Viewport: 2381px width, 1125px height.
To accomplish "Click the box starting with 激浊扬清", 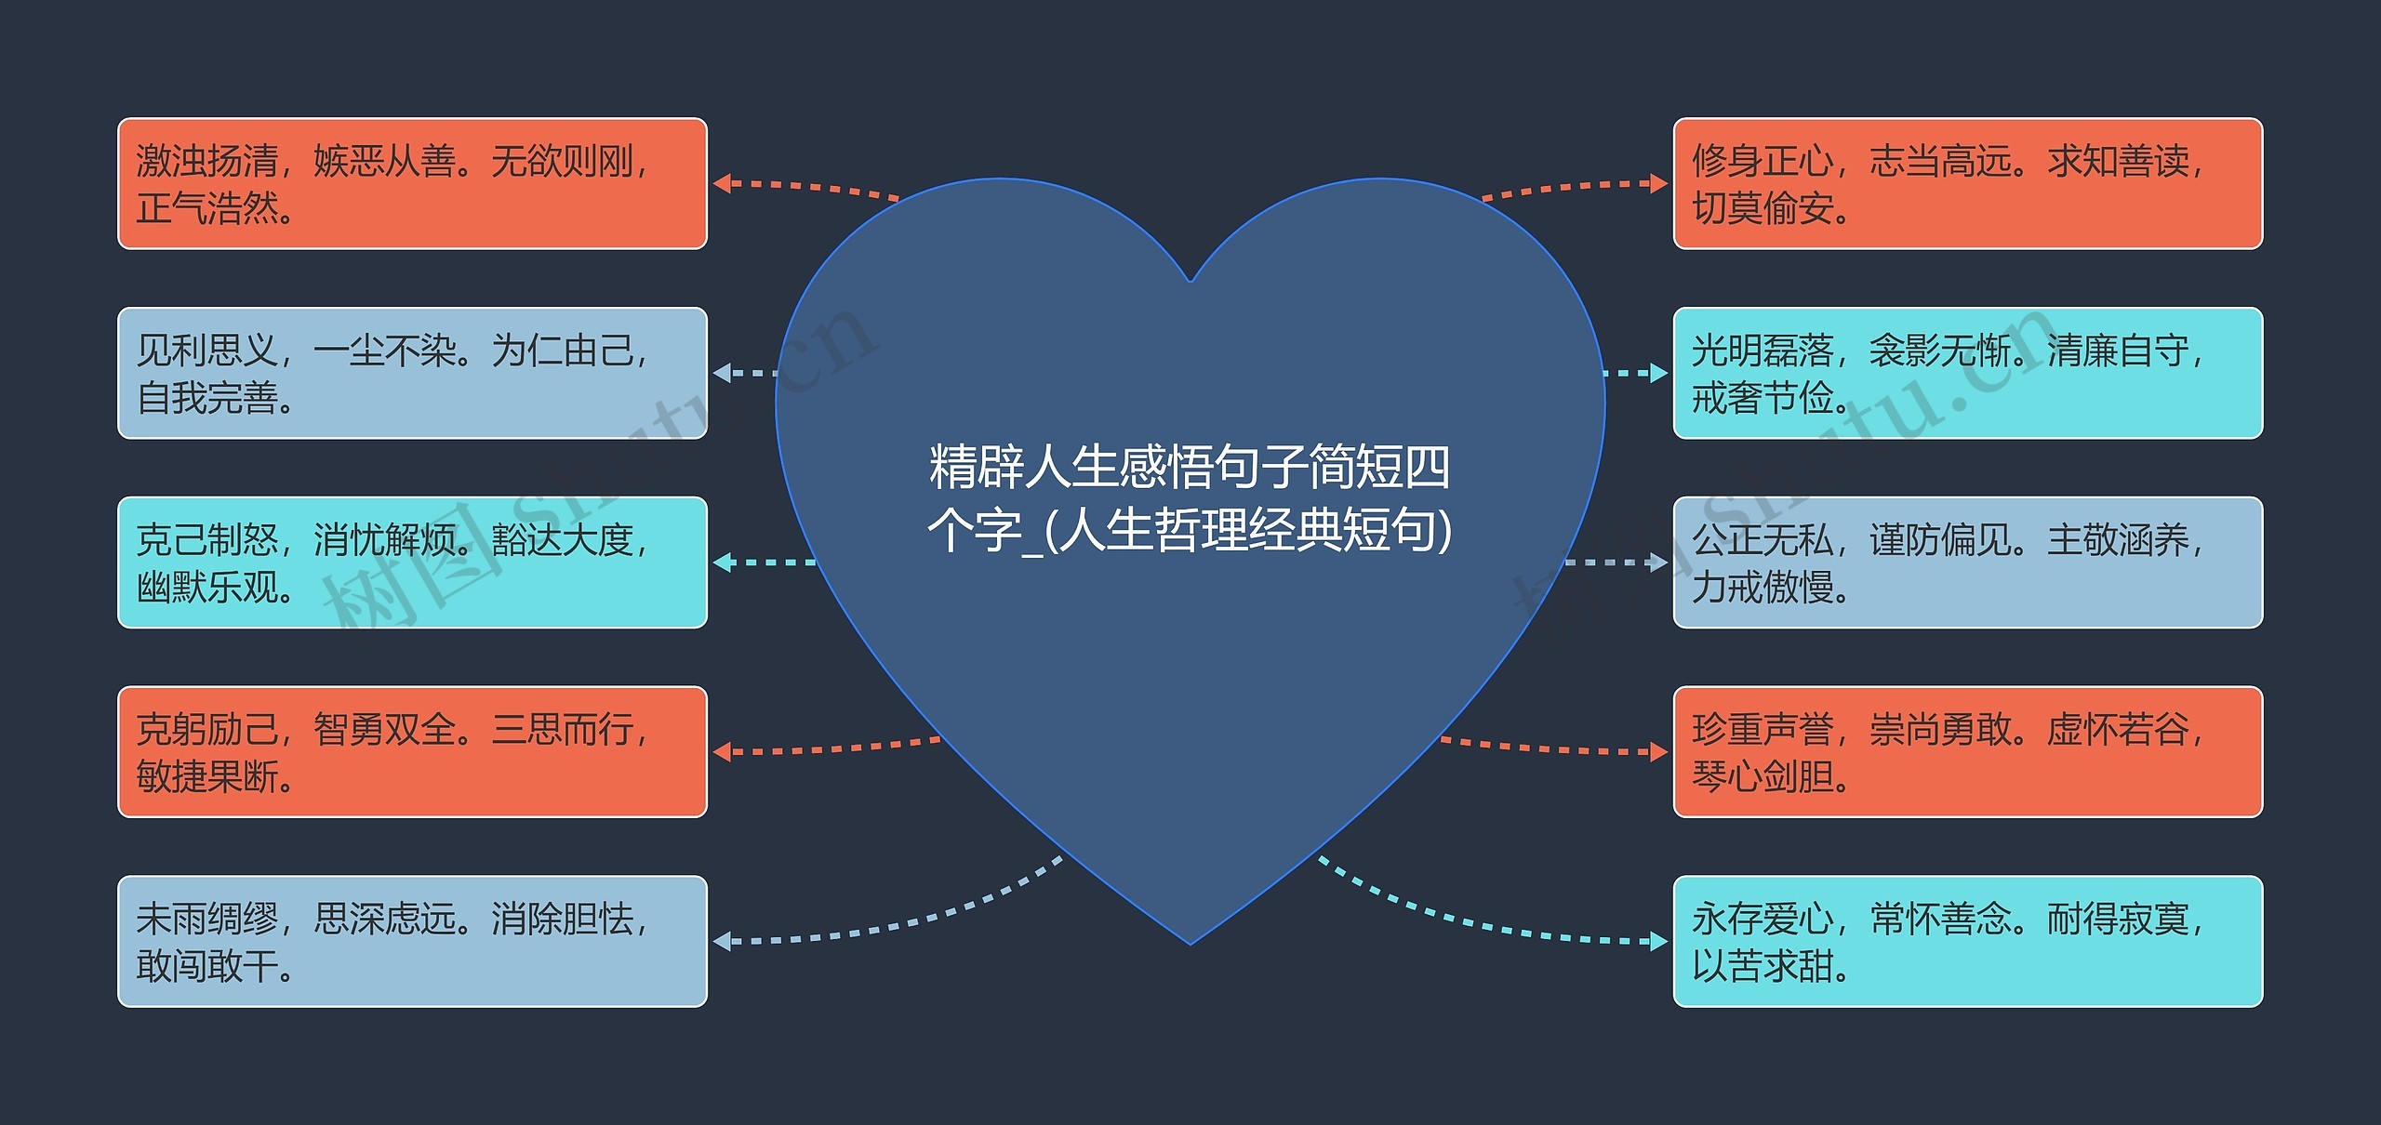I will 412,183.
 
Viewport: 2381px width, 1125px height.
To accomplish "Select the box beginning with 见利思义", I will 412,373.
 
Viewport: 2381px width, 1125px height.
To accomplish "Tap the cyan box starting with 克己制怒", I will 412,562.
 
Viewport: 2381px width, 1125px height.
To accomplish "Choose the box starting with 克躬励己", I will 412,752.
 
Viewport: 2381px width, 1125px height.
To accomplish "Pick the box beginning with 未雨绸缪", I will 412,941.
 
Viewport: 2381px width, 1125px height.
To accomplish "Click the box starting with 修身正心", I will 1967,183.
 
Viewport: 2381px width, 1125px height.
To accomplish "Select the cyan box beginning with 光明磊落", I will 1967,373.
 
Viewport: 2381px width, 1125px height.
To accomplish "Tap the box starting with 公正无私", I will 1967,562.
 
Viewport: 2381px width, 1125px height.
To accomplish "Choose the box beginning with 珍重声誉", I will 1967,752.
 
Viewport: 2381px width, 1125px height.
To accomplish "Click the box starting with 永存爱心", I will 1967,941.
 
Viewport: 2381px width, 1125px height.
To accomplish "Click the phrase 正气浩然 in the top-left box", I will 214,209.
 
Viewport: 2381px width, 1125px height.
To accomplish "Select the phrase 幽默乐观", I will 214,588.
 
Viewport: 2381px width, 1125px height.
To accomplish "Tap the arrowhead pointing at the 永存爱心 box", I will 1658,941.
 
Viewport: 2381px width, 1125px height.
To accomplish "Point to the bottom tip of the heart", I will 1190,942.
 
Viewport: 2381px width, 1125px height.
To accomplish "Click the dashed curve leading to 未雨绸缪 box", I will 930,919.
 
